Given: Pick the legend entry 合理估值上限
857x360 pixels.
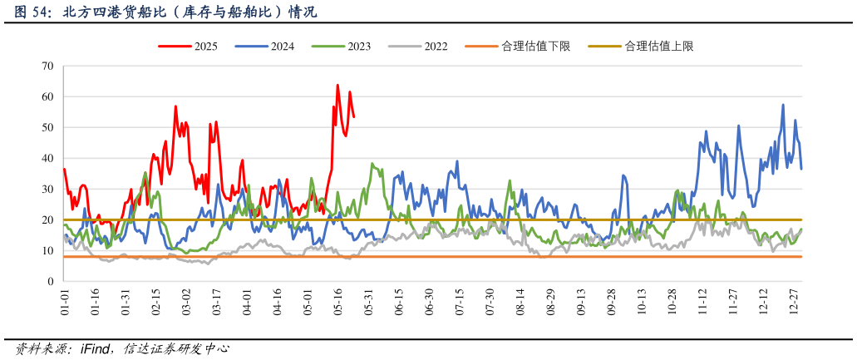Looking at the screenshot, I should pyautogui.click(x=658, y=47).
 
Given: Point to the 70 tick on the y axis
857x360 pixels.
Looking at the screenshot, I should pyautogui.click(x=47, y=67).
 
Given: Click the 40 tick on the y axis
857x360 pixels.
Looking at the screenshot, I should pyautogui.click(x=47, y=159).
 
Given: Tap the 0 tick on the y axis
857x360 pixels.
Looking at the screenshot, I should pyautogui.click(x=51, y=282).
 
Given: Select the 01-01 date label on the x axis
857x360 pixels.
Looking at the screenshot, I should pyautogui.click(x=65, y=302).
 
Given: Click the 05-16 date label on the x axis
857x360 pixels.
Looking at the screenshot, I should pyautogui.click(x=338, y=302).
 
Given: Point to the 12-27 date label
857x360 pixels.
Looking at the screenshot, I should pyautogui.click(x=794, y=302).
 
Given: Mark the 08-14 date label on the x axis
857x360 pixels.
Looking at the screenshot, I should pyautogui.click(x=520, y=302).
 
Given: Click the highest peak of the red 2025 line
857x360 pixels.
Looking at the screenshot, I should pyautogui.click(x=337, y=85).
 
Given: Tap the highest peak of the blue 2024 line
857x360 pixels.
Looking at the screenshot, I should pyautogui.click(x=783, y=105).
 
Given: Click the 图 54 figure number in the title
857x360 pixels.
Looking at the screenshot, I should pyautogui.click(x=30, y=12).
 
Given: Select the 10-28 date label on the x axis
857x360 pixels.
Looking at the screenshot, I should pyautogui.click(x=672, y=302).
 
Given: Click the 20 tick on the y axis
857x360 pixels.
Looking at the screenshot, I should pyautogui.click(x=47, y=220).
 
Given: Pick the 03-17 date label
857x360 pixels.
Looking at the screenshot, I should pyautogui.click(x=216, y=302).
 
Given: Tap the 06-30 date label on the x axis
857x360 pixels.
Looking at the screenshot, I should pyautogui.click(x=429, y=302).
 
